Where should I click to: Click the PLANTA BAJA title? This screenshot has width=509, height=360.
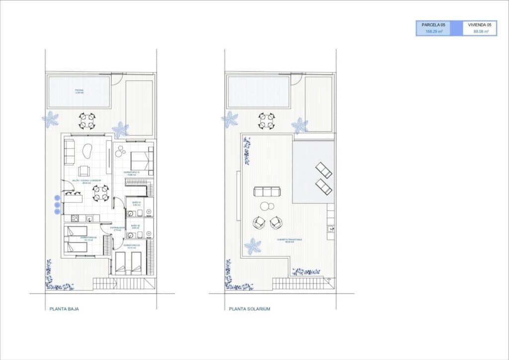[64, 309]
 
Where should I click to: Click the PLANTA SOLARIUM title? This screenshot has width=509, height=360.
[250, 309]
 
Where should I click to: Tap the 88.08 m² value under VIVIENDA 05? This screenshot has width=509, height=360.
[481, 31]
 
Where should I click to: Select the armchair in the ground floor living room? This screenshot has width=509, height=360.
[85, 171]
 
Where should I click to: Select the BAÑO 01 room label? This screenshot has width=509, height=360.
[136, 203]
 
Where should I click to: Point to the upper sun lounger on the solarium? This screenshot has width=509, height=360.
[324, 171]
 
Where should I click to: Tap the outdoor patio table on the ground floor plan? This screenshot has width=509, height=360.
[87, 120]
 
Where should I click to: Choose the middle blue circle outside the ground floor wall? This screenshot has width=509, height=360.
[57, 205]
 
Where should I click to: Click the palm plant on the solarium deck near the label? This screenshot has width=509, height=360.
[253, 246]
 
